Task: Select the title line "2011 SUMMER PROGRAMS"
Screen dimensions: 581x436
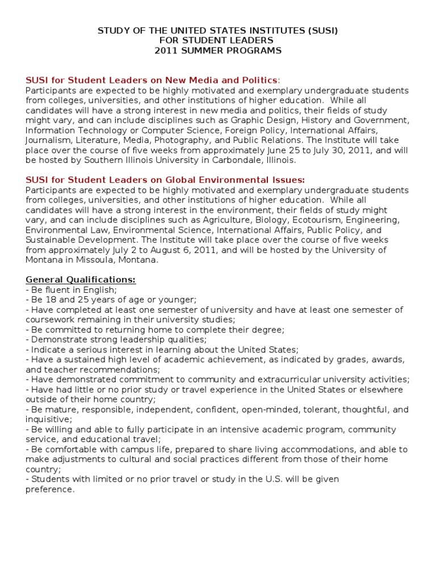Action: point(218,50)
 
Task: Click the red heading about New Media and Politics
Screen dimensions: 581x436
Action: point(152,80)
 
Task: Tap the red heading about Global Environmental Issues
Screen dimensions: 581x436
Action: point(165,179)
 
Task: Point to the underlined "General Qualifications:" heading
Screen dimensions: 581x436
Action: point(81,280)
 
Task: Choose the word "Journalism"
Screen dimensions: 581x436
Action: point(47,140)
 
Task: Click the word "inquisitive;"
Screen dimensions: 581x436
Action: point(48,419)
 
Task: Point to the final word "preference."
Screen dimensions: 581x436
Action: point(50,489)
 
